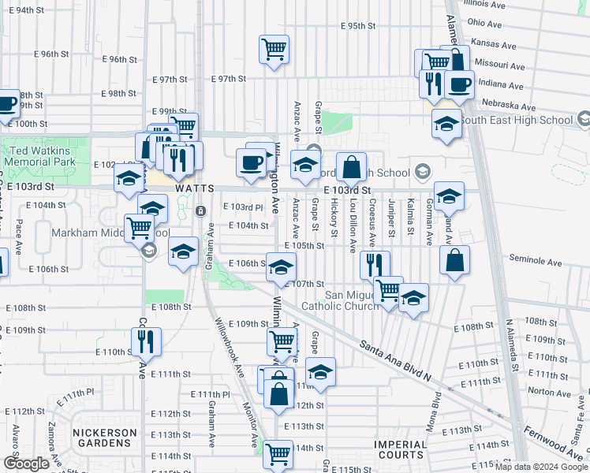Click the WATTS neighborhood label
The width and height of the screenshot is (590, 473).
coord(195,189)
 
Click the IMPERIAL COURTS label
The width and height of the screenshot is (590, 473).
coord(401,449)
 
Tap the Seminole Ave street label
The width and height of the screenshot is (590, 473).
coord(534,262)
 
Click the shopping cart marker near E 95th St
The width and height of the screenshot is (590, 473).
coord(274,50)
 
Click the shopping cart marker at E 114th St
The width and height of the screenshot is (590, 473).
coord(278,453)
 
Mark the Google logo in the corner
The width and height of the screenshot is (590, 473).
coord(26,464)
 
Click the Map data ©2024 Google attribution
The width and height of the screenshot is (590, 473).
coord(540,467)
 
